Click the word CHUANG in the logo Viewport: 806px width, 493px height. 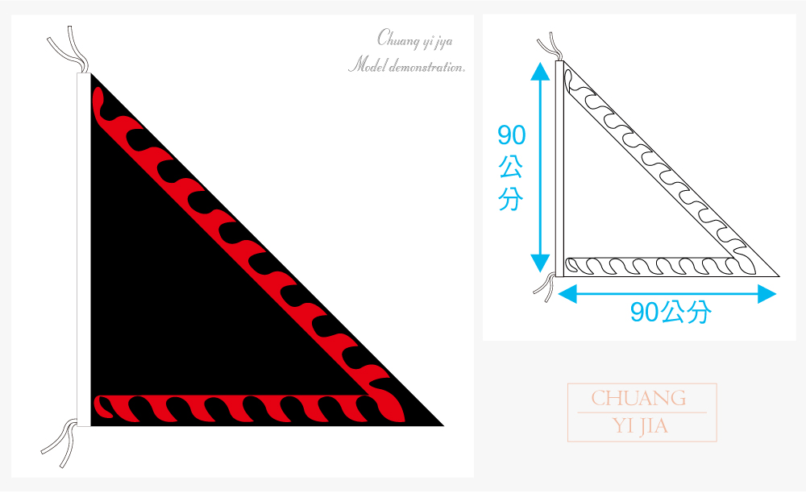[638, 399]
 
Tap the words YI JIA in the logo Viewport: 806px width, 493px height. [640, 425]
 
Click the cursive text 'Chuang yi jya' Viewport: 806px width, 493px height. [415, 39]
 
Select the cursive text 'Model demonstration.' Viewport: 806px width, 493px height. [406, 66]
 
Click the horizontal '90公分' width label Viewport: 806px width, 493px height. [671, 312]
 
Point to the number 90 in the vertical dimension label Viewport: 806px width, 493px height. [512, 135]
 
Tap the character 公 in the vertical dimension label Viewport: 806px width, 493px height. [511, 167]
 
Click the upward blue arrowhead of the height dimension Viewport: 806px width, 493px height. [540, 72]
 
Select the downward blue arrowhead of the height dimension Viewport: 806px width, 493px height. [540, 263]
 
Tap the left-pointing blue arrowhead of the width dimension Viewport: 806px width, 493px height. [567, 294]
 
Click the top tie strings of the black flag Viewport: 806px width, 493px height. [69, 50]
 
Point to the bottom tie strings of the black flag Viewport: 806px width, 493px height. [60, 443]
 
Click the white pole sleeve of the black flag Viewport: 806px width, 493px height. [84, 250]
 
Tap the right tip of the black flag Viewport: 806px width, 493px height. [442, 425]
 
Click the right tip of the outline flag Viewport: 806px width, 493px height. [779, 276]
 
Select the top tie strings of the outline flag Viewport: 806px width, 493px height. [550, 47]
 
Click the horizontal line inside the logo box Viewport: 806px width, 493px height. [642, 412]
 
